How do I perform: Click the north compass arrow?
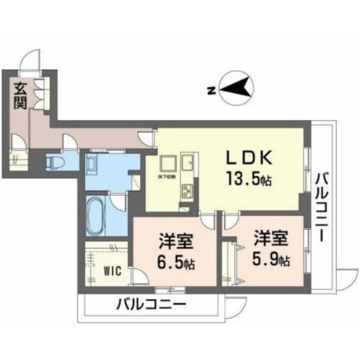pyautogui.click(x=237, y=88)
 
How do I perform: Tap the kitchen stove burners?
pyautogui.click(x=186, y=193)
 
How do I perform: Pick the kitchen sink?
pyautogui.click(x=188, y=162)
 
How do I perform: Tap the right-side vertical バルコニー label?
pyautogui.click(x=322, y=207)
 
